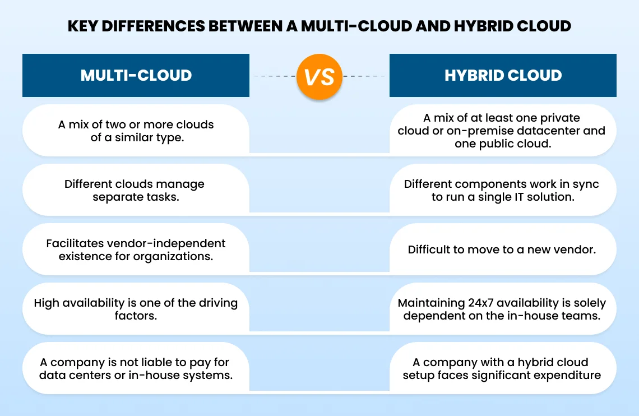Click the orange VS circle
[319, 76]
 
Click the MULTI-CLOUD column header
[136, 75]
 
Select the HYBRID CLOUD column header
[503, 75]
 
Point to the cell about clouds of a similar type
[136, 130]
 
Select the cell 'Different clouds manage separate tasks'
[136, 190]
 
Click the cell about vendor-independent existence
[136, 249]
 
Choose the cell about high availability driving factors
[136, 309]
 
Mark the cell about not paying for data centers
[136, 368]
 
